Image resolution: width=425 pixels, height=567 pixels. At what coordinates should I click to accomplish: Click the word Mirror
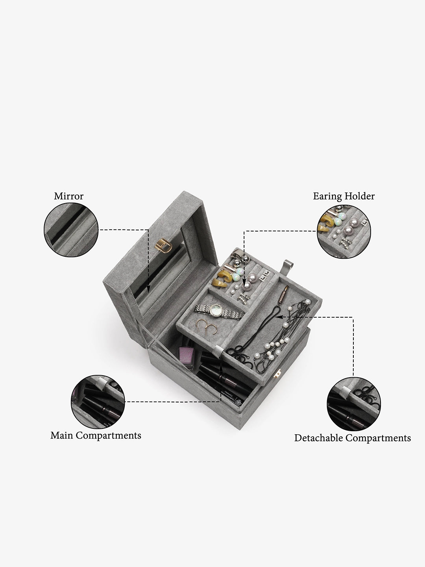point(68,196)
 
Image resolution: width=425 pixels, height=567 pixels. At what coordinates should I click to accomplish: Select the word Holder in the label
point(360,196)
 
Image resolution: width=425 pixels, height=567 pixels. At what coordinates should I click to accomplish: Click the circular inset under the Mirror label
point(71,230)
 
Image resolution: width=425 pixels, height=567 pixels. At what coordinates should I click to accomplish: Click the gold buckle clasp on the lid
point(163,246)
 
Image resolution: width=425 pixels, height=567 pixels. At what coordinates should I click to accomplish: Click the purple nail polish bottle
point(187,356)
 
